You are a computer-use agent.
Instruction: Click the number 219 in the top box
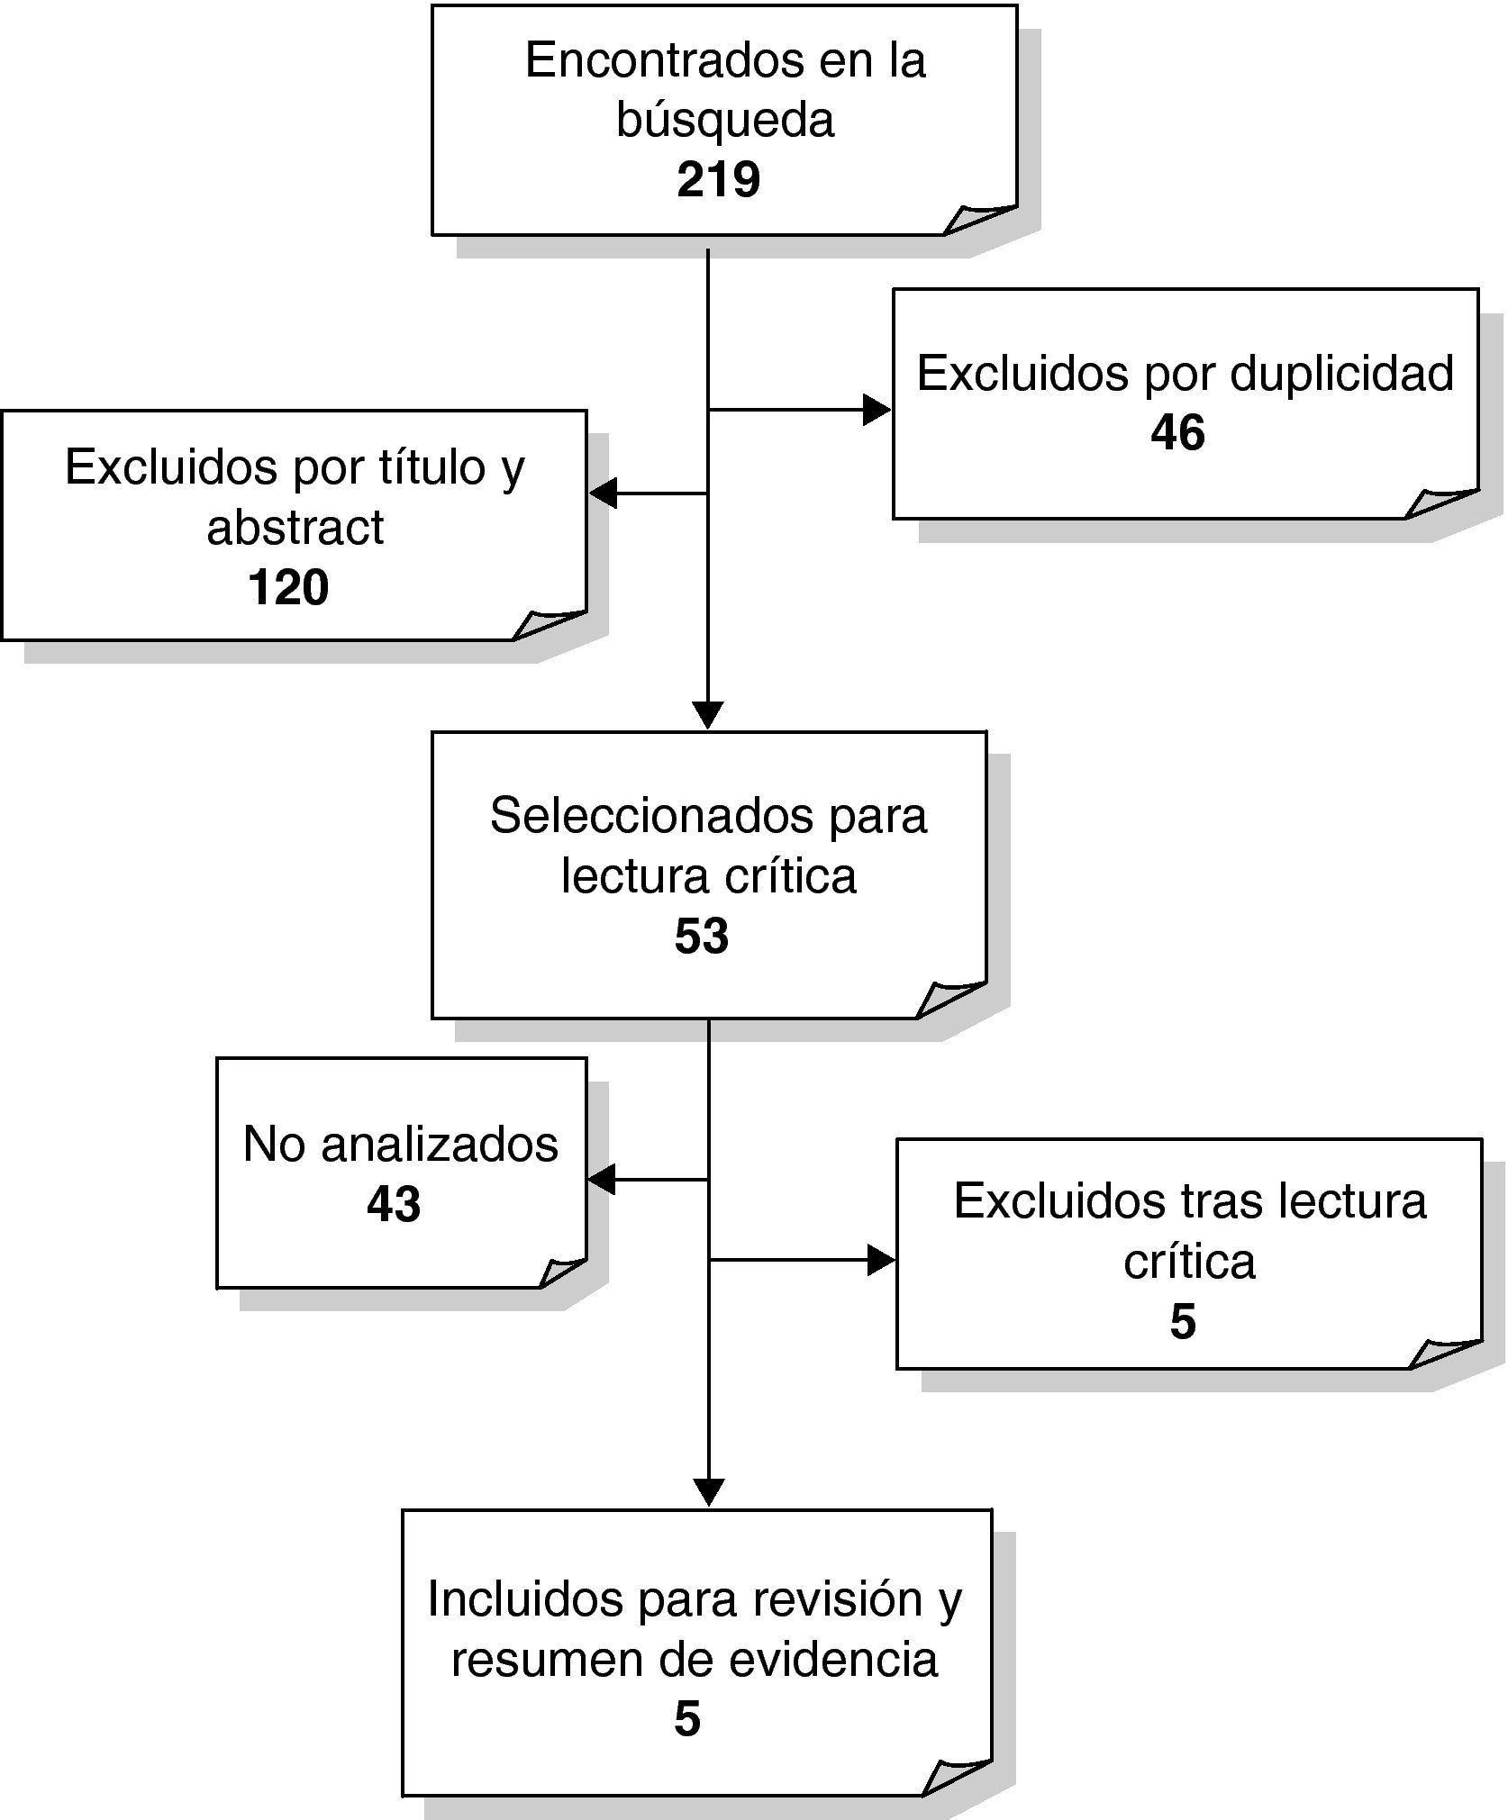pos(718,179)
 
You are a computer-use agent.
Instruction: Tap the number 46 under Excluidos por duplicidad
pos(1177,432)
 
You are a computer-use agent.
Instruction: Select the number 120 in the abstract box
pos(288,587)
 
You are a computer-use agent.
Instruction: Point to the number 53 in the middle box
pos(701,936)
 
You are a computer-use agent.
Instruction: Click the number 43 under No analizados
pos(394,1204)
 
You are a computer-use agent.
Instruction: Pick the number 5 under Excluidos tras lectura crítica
pos(1183,1321)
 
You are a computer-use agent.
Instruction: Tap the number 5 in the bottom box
pos(686,1719)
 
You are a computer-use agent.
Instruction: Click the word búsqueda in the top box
pos(725,120)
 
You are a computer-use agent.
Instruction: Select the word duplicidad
pos(1341,373)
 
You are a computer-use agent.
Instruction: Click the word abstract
pos(295,527)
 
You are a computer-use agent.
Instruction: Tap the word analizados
pos(440,1145)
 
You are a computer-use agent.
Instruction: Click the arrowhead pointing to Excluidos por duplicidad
pos(877,411)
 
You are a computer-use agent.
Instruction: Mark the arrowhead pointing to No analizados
pos(602,1179)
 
